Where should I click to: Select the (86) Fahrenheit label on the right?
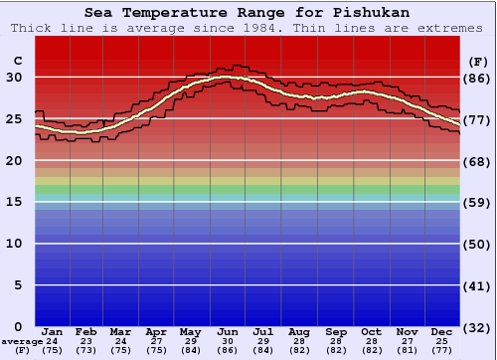tap(477, 78)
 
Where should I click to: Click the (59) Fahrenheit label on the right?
tap(477, 203)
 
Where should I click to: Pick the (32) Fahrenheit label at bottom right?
tap(477, 327)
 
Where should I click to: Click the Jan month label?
tap(53, 331)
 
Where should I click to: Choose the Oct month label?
tap(371, 331)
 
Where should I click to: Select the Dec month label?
tap(442, 331)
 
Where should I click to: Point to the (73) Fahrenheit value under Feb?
tap(87, 351)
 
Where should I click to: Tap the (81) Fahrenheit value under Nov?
tap(407, 351)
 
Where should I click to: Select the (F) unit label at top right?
tap(477, 62)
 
